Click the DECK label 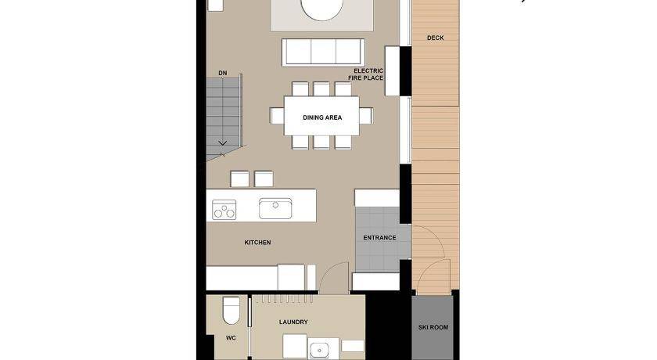pos(436,38)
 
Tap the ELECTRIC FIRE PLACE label pos(366,74)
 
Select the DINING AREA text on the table pos(322,117)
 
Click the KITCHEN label pos(257,243)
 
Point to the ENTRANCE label pos(379,238)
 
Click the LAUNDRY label pos(293,322)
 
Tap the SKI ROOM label pos(433,327)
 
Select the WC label pos(231,338)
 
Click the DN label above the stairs pos(222,73)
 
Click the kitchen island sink pos(275,208)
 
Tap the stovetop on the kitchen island pos(224,210)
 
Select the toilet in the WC pos(231,311)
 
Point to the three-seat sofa pos(323,52)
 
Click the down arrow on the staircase pos(222,143)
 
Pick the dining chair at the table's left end pos(277,116)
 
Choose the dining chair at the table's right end pos(366,116)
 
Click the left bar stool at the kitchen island pos(239,179)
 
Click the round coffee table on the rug pos(321,9)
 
